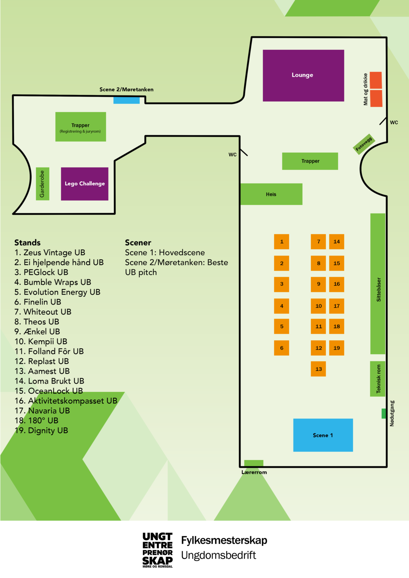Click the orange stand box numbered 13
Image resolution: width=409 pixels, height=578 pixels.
pyautogui.click(x=318, y=369)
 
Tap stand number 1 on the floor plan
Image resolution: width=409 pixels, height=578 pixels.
pyautogui.click(x=281, y=242)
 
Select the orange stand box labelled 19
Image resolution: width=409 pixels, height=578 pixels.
pyautogui.click(x=336, y=348)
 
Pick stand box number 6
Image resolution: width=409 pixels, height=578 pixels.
pyautogui.click(x=281, y=348)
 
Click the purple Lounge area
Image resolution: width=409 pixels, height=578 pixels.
pyautogui.click(x=303, y=75)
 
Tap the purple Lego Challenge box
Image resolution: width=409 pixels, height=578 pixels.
pyautogui.click(x=84, y=184)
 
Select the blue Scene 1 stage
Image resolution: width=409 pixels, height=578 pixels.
pyautogui.click(x=323, y=435)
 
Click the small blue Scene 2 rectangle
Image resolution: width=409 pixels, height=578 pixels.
pyautogui.click(x=126, y=100)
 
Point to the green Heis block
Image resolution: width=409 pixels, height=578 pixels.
pyautogui.click(x=271, y=194)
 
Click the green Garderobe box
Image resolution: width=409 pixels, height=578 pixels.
pyautogui.click(x=42, y=184)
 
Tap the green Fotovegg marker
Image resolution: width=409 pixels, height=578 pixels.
pyautogui.click(x=364, y=144)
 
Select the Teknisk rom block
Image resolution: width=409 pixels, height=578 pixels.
pyautogui.click(x=378, y=379)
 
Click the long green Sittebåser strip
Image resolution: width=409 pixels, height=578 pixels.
pyautogui.click(x=378, y=283)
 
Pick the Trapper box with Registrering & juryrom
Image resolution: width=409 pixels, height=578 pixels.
pyautogui.click(x=80, y=127)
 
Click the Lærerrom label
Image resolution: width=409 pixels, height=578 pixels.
pyautogui.click(x=254, y=472)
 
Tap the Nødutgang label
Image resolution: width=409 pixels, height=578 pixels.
pyautogui.click(x=392, y=413)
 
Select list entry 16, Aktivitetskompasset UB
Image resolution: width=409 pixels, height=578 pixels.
pyautogui.click(x=66, y=401)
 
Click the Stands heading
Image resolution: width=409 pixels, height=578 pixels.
pyautogui.click(x=27, y=243)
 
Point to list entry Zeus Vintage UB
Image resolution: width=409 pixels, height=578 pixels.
pyautogui.click(x=50, y=252)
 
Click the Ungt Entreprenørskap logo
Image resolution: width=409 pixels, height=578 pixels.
pyautogui.click(x=157, y=550)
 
